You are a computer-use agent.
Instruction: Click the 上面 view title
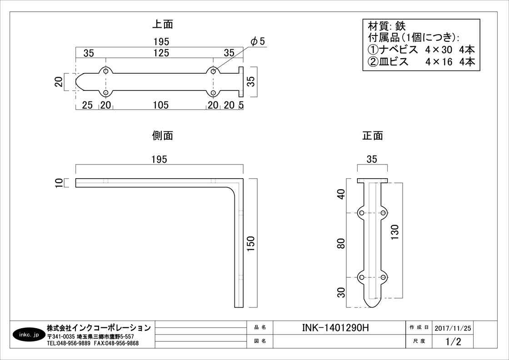163,24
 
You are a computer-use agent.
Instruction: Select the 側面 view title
163,135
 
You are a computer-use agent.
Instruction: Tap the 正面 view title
372,135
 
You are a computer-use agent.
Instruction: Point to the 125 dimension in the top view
161,53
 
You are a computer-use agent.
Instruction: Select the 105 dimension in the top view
161,105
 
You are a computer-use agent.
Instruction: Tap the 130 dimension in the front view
394,232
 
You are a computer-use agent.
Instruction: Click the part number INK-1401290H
336,328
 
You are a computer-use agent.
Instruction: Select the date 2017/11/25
453,328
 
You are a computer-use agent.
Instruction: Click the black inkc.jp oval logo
29,335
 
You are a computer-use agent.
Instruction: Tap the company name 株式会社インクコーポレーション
99,328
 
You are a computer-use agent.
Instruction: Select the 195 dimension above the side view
160,160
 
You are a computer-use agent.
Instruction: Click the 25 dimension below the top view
87,105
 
